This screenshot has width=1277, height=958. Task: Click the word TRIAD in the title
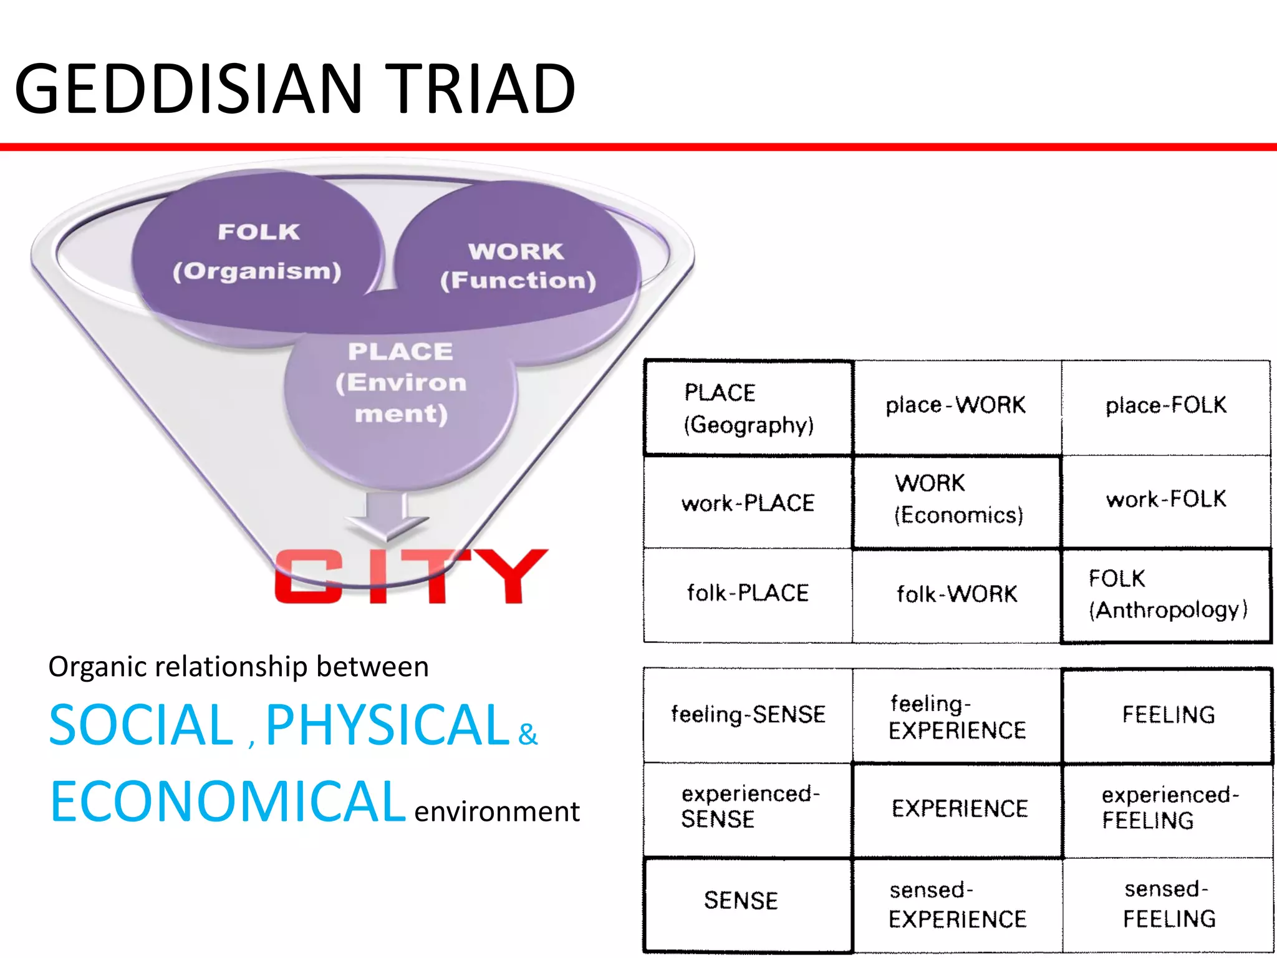point(483,89)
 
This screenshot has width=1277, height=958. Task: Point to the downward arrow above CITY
point(387,515)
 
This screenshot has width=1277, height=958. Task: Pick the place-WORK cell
point(956,405)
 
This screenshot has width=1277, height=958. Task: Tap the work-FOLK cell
point(1166,500)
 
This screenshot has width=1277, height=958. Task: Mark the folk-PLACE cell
point(748,593)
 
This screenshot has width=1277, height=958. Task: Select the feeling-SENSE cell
point(748,714)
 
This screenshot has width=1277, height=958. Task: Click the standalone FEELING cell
point(1168,715)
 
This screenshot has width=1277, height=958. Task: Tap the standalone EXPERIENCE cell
point(959,809)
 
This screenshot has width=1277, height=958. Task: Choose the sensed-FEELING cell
point(1168,904)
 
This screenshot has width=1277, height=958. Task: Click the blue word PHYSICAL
point(387,725)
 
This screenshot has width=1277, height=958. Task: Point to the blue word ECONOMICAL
point(228,803)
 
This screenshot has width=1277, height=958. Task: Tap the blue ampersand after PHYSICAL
point(528,735)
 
